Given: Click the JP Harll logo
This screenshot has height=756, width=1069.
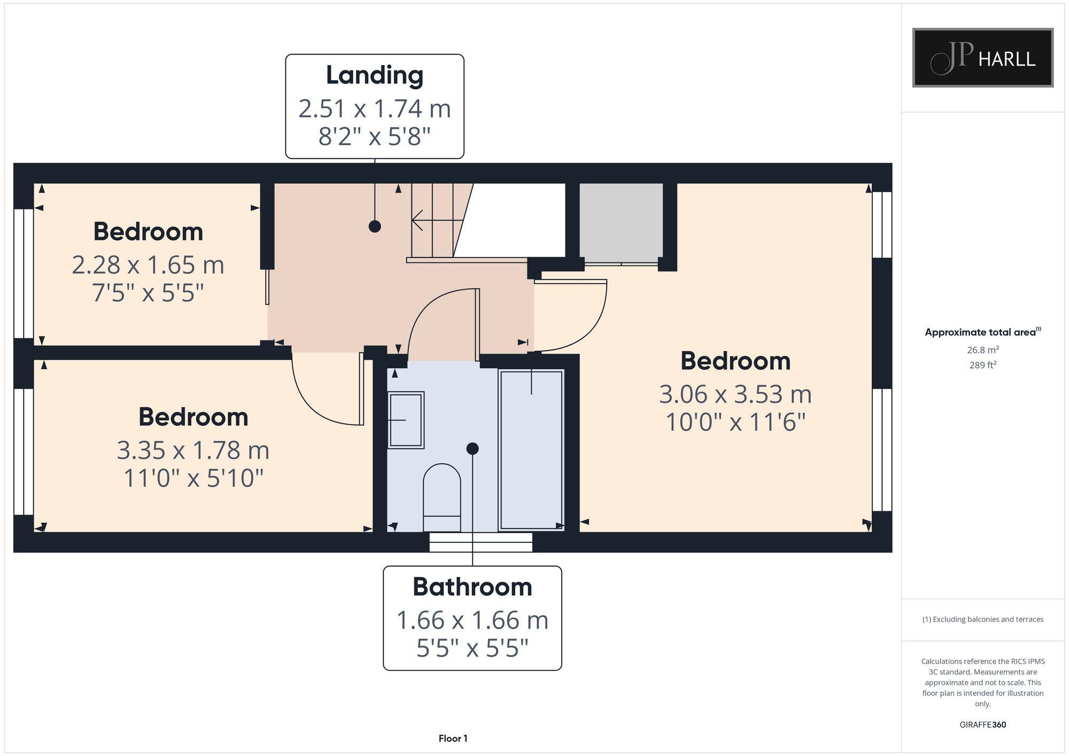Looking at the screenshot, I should pos(982,58).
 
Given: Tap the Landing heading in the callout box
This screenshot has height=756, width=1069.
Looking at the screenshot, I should pos(374,75).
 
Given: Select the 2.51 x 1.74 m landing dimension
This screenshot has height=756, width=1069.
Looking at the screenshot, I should pos(374,109).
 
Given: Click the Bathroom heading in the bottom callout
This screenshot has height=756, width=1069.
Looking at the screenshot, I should pos(472,587).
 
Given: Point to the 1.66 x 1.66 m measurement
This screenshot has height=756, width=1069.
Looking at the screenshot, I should pos(472,620).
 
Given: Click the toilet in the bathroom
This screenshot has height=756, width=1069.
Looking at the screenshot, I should pos(441,497).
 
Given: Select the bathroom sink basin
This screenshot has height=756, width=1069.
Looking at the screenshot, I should pos(406,420).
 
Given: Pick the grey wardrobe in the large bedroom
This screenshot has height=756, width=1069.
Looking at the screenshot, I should pos(621,222).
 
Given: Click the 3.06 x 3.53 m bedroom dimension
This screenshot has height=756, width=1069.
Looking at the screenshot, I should pos(735,394).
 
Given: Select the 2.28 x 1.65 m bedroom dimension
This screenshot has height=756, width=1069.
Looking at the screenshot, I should pos(148,265).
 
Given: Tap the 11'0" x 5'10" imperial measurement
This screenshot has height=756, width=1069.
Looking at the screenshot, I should pos(193,478).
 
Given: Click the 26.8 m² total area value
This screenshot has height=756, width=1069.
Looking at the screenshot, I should pos(982,350).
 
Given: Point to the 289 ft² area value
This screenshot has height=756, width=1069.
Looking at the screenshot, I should pos(982,365).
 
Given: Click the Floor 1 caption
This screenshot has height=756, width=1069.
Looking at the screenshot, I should pos(453,738).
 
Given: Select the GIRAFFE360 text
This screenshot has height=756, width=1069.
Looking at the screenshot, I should pos(982,724).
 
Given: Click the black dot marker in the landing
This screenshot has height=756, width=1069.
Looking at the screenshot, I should pos(375,226).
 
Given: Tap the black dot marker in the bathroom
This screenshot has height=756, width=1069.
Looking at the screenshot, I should pos(472,449).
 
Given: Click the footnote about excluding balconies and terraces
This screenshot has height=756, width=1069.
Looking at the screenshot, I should pos(982,619).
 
